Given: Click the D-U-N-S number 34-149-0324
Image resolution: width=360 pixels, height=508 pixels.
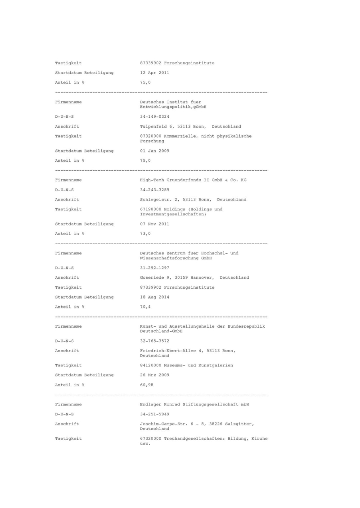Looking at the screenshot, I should click(x=154, y=116).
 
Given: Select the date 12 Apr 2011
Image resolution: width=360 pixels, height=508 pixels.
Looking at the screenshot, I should click(x=154, y=73).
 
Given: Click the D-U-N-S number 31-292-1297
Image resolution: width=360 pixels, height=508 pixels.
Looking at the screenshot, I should click(x=154, y=267).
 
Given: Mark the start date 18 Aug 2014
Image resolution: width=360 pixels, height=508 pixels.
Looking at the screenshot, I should click(x=154, y=297).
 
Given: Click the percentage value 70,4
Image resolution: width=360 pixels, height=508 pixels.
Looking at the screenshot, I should click(x=145, y=307).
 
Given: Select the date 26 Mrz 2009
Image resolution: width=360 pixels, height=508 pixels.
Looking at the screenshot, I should click(x=154, y=375).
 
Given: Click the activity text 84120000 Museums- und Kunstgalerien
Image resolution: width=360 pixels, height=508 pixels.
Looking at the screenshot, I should click(x=186, y=365).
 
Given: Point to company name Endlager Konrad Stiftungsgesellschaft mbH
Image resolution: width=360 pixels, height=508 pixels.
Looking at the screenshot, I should click(x=194, y=405).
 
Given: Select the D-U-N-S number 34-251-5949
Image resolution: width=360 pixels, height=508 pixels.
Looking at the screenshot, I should click(x=154, y=414).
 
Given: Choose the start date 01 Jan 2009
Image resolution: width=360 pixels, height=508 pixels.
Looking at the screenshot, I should click(x=154, y=151).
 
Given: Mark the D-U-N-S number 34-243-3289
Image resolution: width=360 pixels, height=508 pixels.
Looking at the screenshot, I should click(x=154, y=189).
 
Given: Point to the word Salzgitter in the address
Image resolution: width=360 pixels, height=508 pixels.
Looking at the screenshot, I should click(x=241, y=424).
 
